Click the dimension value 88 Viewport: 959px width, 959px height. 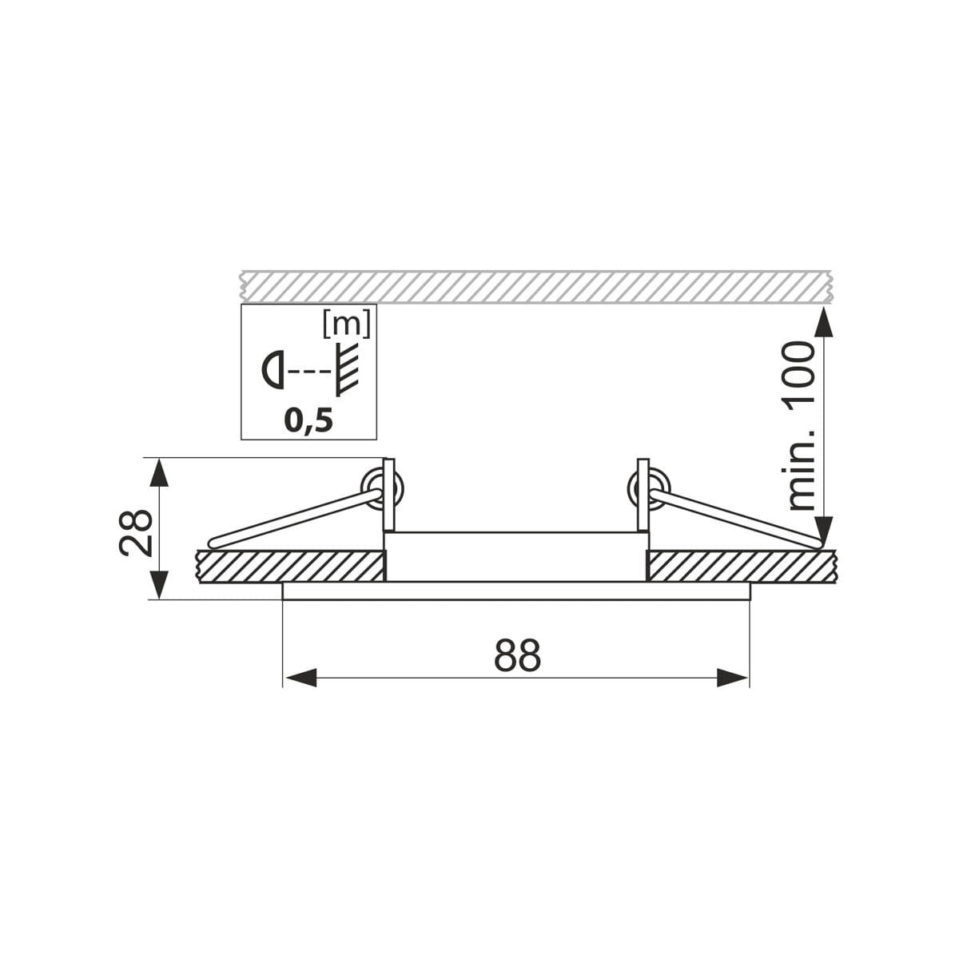(x=517, y=655)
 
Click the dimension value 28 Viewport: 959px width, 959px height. (x=135, y=532)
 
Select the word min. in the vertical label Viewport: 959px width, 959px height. (x=802, y=469)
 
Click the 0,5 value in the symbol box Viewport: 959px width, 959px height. (x=308, y=421)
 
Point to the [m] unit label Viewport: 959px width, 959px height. (x=347, y=324)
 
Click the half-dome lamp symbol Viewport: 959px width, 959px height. (x=273, y=369)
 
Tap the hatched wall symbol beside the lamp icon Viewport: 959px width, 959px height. (x=347, y=369)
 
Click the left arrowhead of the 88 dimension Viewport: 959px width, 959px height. (x=300, y=678)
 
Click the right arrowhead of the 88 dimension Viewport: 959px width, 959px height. (x=732, y=678)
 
